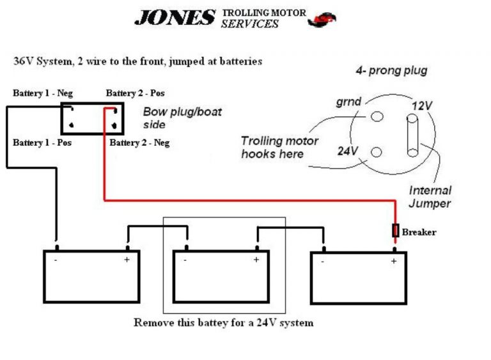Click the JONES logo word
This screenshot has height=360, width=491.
click(174, 18)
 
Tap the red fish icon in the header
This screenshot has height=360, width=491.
click(322, 20)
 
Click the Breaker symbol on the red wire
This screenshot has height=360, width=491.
click(396, 231)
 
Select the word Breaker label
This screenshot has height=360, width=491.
click(419, 232)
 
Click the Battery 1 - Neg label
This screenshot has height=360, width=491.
click(43, 93)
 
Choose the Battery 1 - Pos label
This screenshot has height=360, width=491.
click(42, 143)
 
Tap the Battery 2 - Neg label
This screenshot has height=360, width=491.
click(139, 143)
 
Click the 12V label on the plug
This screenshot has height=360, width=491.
click(422, 106)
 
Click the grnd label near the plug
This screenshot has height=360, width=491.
click(349, 102)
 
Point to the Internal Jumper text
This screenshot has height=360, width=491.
click(430, 197)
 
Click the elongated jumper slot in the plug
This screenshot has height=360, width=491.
click(412, 136)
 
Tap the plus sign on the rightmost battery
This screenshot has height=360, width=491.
click(394, 261)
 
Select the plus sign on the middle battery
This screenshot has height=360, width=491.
click(256, 260)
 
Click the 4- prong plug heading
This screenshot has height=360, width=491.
click(391, 71)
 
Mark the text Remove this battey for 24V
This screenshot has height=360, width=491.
click(223, 323)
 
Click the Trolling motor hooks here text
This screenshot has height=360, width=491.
click(279, 147)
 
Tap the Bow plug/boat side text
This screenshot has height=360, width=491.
click(182, 118)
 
